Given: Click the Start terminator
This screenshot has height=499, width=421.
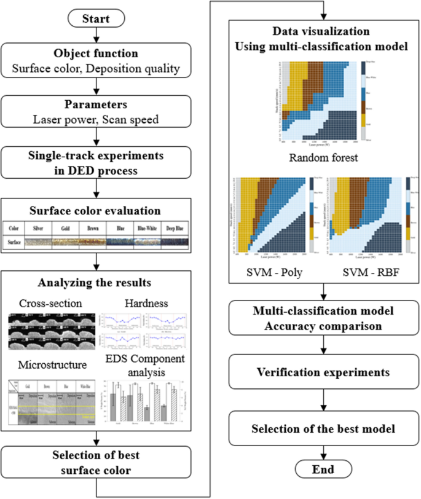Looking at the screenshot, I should coord(96,19).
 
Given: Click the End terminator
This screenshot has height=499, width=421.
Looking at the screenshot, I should coord(323,470).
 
